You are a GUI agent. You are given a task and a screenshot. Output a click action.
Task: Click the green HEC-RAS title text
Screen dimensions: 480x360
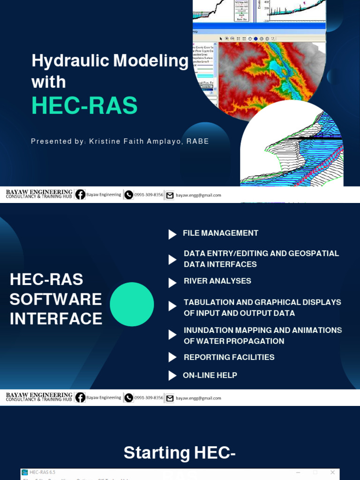point(84,106)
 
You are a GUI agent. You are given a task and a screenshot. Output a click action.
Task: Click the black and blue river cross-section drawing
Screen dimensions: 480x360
point(295,150)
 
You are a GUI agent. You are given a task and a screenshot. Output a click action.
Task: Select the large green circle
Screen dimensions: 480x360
point(132,304)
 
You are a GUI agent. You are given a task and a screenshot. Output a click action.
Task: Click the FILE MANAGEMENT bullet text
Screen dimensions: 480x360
point(220,233)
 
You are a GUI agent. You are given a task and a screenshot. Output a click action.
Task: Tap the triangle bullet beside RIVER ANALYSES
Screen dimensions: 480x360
point(172,283)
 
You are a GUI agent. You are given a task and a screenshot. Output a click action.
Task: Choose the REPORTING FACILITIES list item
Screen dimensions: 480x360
point(229,357)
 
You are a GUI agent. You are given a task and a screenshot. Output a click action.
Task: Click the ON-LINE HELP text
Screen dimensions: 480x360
point(210,375)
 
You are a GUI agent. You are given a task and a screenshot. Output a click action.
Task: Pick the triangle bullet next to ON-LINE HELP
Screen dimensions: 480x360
point(172,375)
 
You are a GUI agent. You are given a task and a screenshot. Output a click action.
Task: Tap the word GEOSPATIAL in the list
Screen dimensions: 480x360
point(314,253)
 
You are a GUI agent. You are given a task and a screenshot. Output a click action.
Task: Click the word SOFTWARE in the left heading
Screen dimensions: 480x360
point(56,299)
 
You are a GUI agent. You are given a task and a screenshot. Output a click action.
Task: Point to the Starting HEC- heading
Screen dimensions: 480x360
point(180,453)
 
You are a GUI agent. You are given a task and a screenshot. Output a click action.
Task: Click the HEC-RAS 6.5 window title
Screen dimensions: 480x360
point(42,472)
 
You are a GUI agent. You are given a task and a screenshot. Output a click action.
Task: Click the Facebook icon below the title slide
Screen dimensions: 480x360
point(80,195)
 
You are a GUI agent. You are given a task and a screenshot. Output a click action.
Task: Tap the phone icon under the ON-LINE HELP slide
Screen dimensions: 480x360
point(128,398)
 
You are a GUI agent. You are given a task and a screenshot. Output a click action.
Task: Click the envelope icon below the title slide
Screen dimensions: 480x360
point(170,195)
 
